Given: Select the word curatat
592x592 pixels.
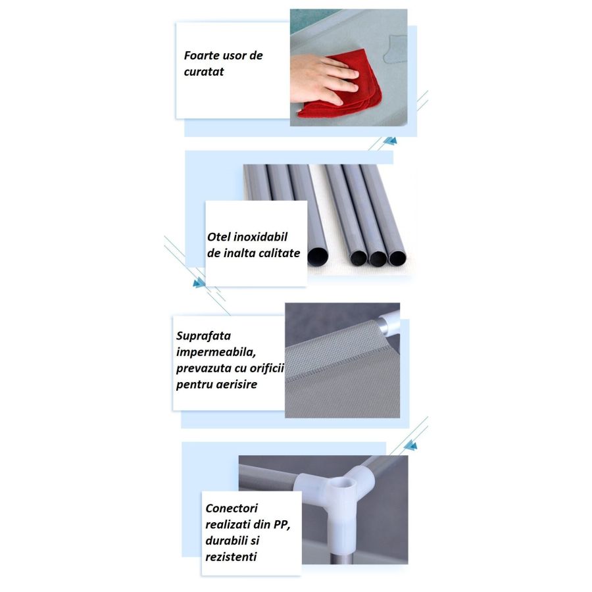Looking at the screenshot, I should (x=204, y=72).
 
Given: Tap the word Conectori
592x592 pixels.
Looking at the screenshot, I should (x=232, y=508).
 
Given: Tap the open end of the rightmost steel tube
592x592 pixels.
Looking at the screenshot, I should (x=397, y=257).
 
